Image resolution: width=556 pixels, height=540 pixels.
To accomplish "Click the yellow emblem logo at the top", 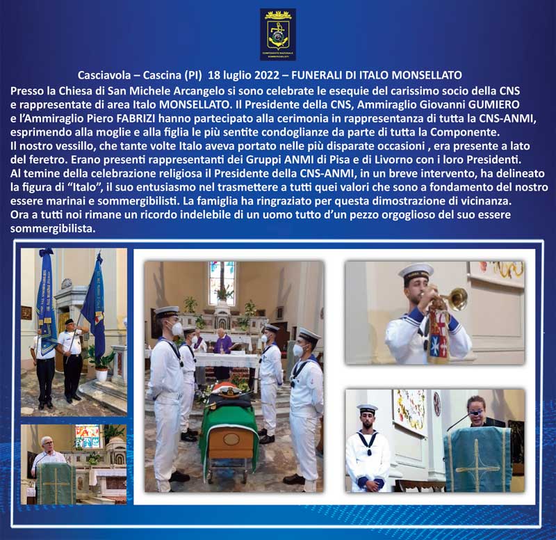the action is point(278,34).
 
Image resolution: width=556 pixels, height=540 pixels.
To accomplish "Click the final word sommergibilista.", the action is point(53,229).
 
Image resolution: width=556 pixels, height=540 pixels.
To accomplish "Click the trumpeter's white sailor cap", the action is point(416,271).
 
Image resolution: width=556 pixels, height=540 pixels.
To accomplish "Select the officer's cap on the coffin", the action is point(228,392).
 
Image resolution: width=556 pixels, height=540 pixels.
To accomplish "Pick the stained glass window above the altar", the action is point(222,283).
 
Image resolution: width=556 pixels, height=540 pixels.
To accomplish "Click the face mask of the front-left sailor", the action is point(177,328).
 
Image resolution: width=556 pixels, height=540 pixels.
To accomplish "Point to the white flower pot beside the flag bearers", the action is point(101,374).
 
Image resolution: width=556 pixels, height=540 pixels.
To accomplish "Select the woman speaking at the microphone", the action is point(477,412).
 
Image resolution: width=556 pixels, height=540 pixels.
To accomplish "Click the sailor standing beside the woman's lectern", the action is point(367,448).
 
